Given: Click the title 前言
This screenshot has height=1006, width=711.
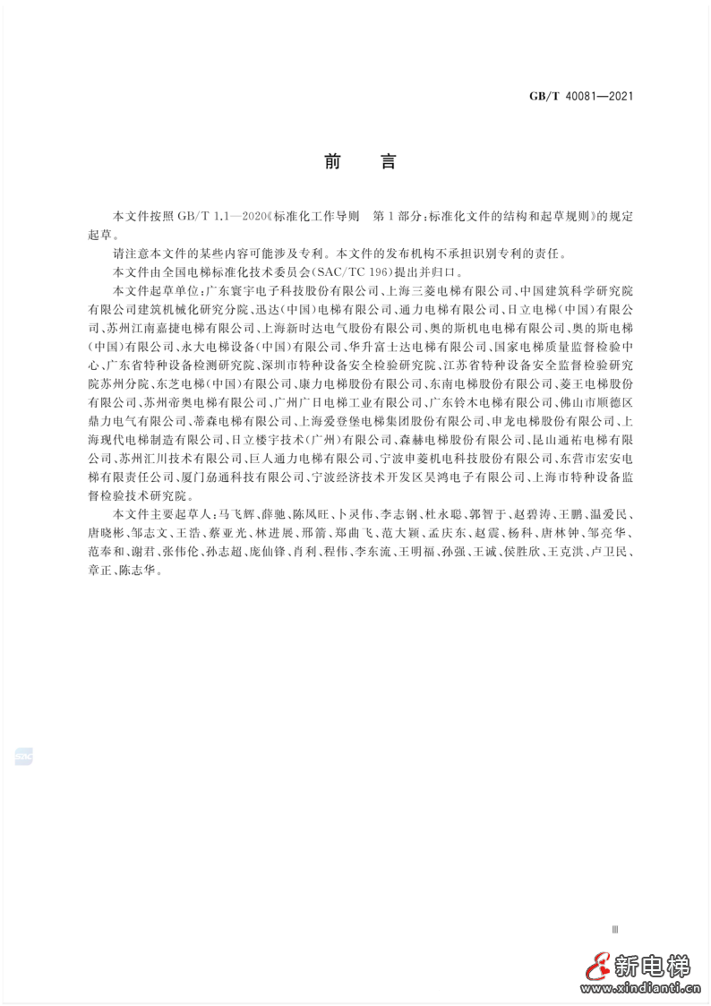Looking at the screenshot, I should pos(355,162).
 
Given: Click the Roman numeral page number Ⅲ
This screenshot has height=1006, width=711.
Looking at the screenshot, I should pos(613,933).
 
